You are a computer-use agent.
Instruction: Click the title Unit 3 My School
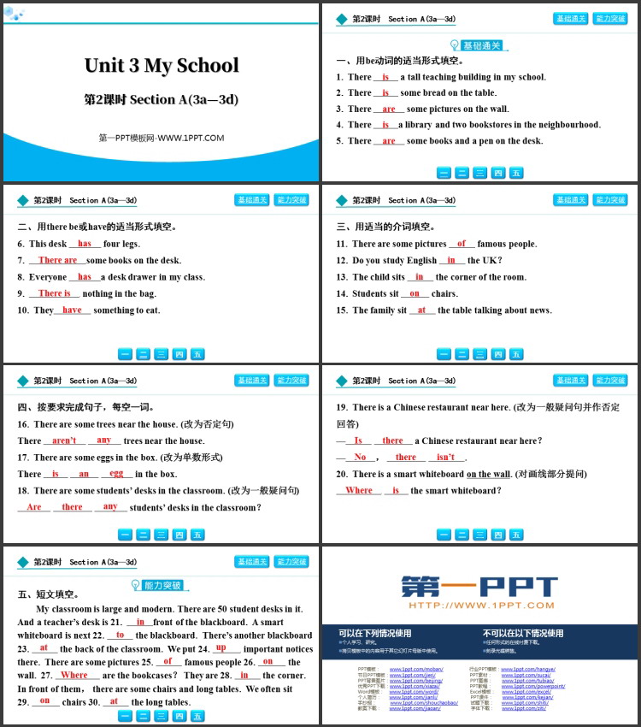pos(162,66)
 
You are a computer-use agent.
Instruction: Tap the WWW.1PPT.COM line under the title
pos(162,138)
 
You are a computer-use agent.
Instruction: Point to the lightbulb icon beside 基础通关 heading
pos(454,45)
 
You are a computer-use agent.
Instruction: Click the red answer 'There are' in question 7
pos(57,260)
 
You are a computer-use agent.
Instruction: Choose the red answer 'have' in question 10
pos(72,310)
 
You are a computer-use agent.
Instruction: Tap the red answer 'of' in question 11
pos(462,244)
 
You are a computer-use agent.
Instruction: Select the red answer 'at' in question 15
pos(421,310)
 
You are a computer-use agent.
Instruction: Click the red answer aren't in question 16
pos(64,440)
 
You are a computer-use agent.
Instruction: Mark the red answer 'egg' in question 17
pos(116,474)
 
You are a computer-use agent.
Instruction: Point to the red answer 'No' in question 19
pos(360,457)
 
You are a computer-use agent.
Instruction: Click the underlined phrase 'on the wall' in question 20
pos(488,474)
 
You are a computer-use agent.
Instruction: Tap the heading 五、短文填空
pos(48,594)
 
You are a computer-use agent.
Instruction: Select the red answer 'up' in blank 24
pos(221,647)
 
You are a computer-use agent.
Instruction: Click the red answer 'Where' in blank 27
pos(74,675)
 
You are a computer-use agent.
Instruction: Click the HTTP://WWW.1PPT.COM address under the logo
pos(480,606)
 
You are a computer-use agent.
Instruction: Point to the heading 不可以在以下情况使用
pos(523,634)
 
